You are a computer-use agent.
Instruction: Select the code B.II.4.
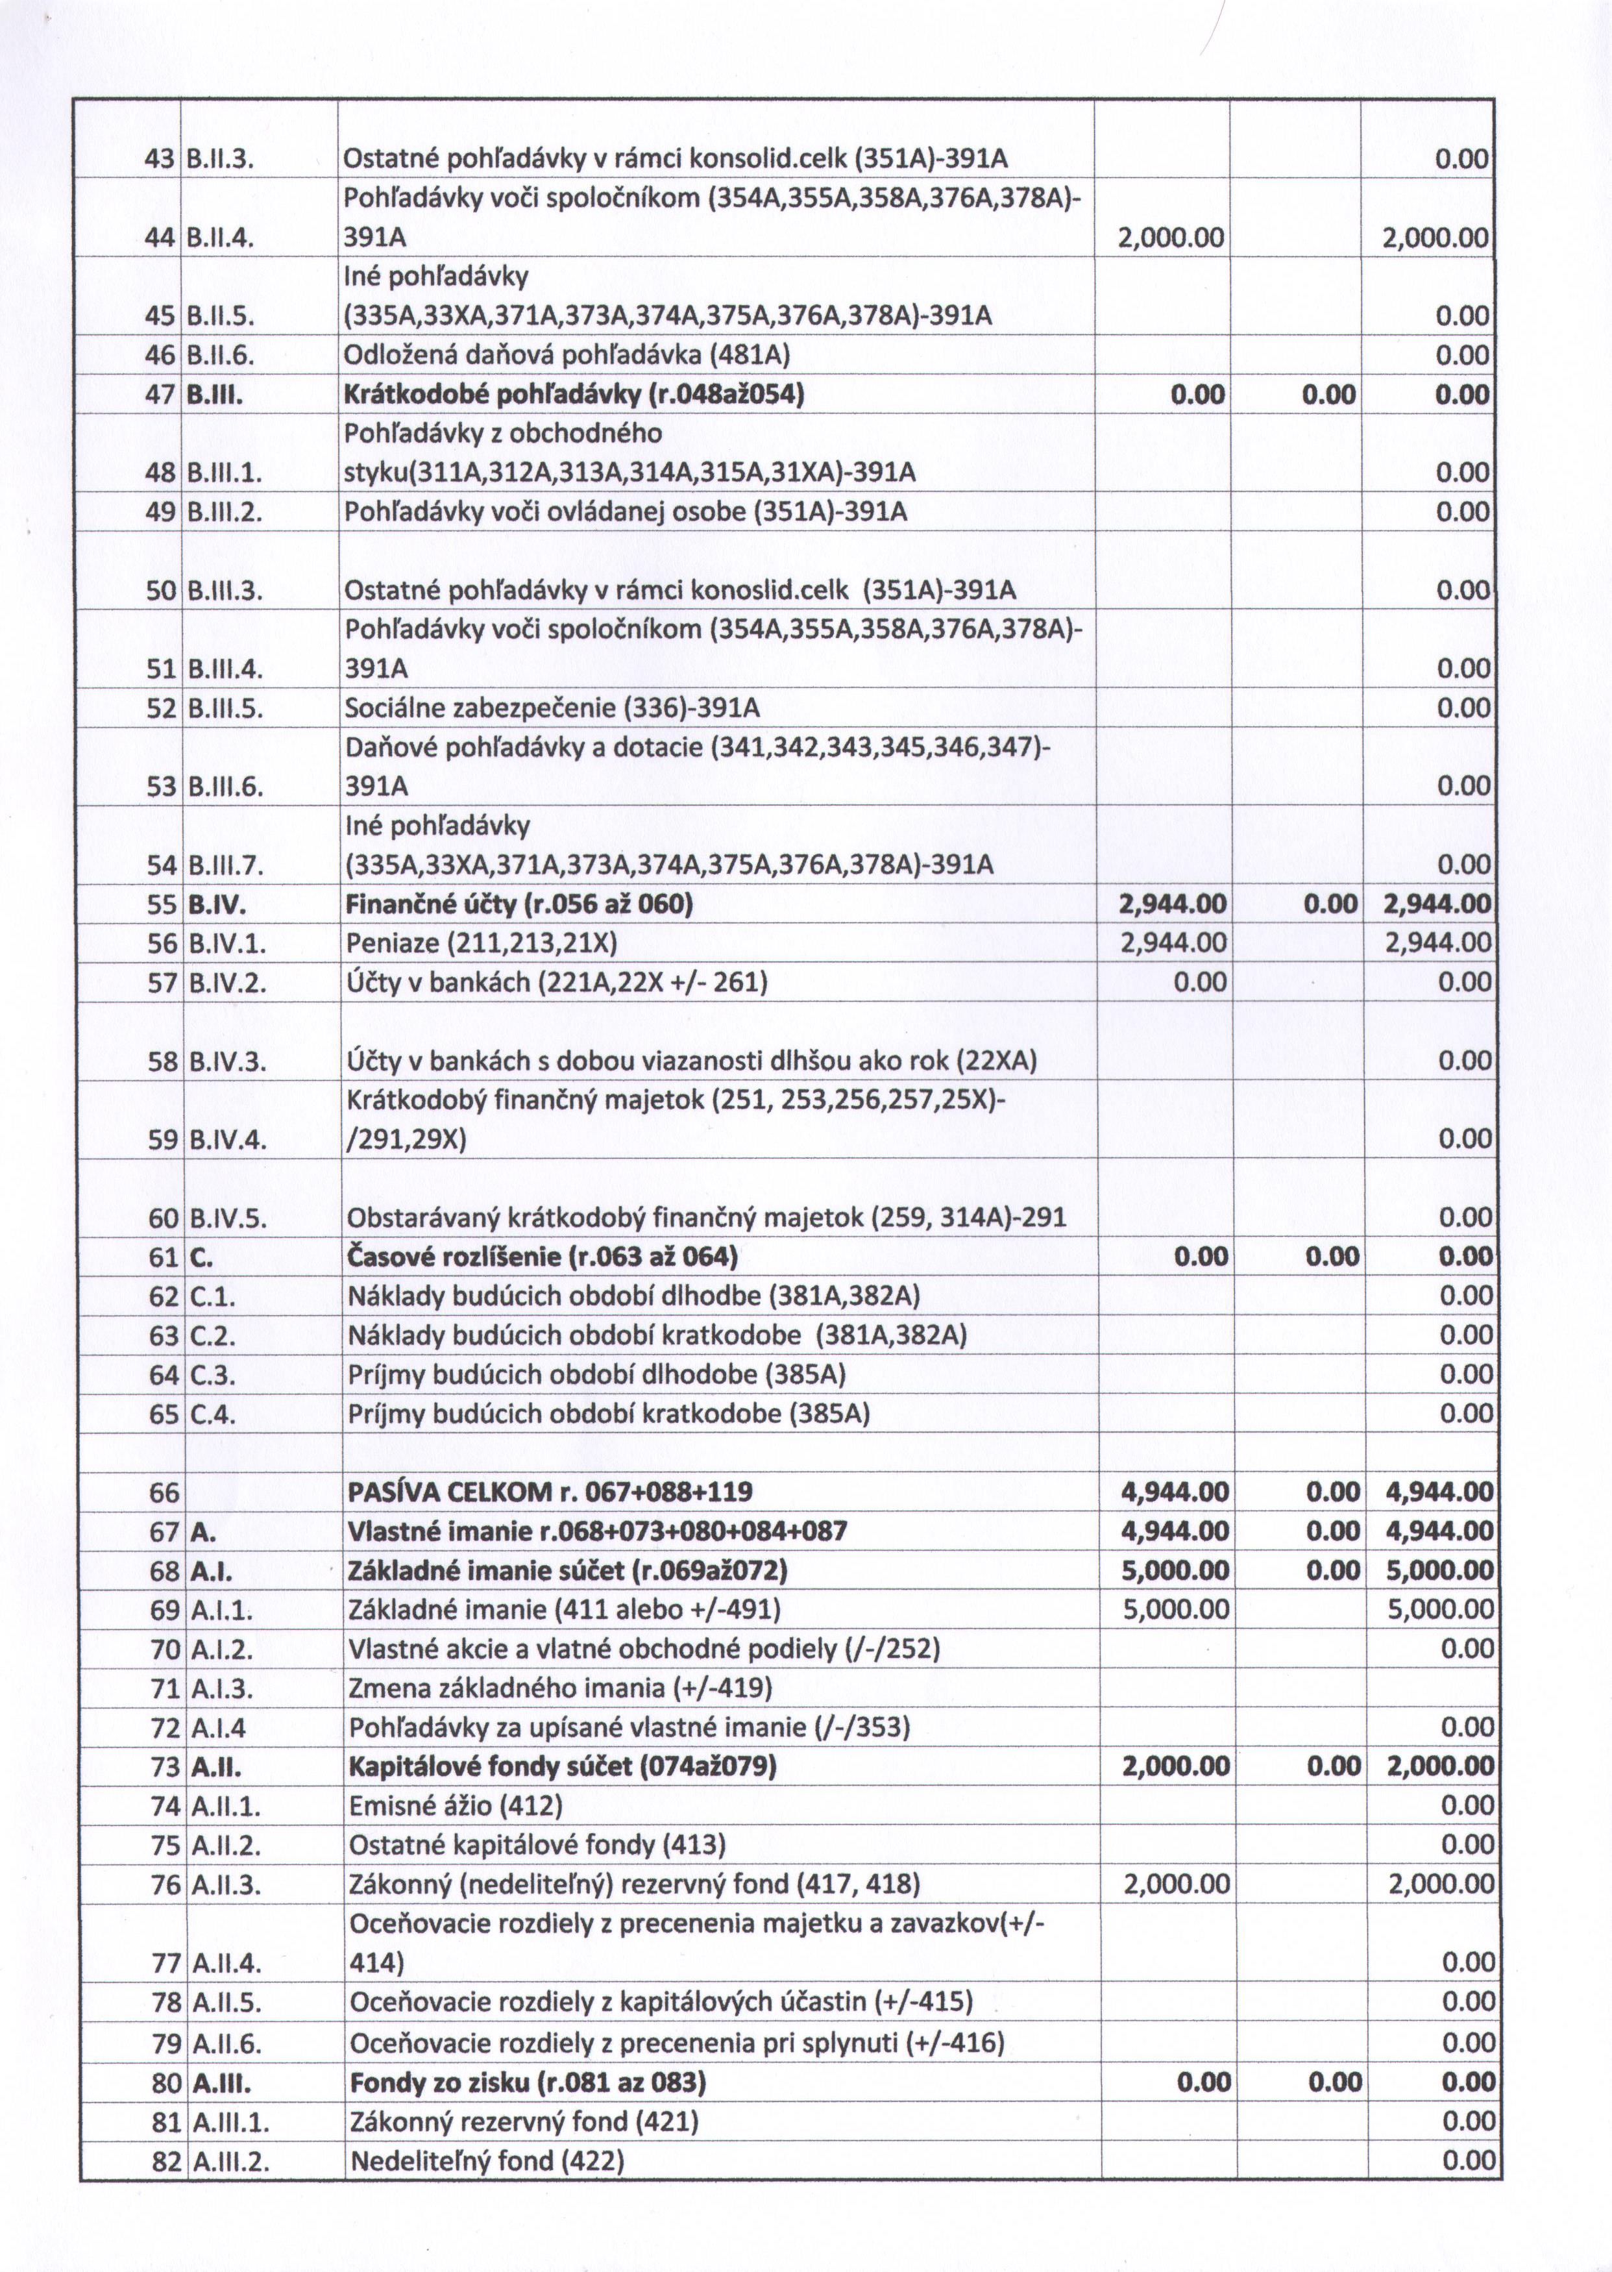pyautogui.click(x=221, y=238)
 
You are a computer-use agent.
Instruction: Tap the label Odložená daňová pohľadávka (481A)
pyautogui.click(x=566, y=354)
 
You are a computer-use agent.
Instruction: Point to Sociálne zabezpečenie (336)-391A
pyautogui.click(x=552, y=708)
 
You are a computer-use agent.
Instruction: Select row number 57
pyautogui.click(x=162, y=982)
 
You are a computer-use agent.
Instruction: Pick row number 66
pyautogui.click(x=164, y=1492)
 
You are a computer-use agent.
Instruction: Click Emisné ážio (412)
pyautogui.click(x=456, y=1805)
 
